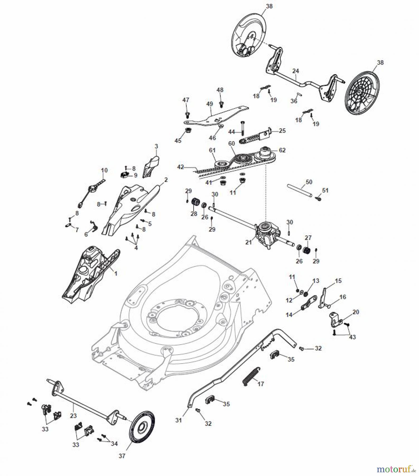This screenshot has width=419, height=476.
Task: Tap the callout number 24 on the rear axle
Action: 296,71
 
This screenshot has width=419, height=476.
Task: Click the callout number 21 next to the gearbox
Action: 249,242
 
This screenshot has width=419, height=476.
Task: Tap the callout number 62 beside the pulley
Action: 282,150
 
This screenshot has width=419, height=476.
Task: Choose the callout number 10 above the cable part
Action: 104,170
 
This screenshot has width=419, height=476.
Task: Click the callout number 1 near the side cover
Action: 115,273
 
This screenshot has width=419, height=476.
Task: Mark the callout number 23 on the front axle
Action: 73,415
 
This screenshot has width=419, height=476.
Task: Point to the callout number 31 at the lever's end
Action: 179,420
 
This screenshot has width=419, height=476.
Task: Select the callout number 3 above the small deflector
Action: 156,146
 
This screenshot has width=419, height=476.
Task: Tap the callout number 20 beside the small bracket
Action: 356,312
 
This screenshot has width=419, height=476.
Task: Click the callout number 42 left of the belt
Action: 180,167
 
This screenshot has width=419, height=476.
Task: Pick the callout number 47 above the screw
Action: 186,100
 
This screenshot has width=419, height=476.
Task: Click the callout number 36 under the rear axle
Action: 294,101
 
